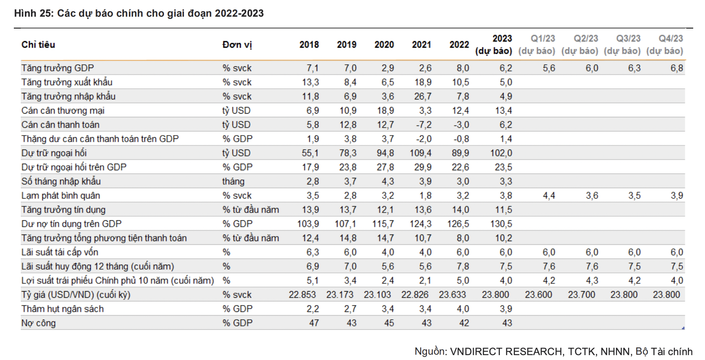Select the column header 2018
[x=309, y=45]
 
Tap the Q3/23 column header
[x=628, y=39]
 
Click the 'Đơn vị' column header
[x=237, y=45]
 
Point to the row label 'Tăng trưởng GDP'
[x=57, y=68]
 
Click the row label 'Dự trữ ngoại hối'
[x=54, y=153]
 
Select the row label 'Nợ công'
[x=38, y=323]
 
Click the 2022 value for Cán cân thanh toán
[x=461, y=125]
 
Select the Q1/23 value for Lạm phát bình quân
[x=549, y=196]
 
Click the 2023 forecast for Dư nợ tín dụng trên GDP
[x=501, y=224]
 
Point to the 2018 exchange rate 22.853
[x=302, y=295]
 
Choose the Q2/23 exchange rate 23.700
[x=581, y=295]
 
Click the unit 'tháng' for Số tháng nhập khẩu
[x=233, y=182]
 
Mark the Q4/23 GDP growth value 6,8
[x=677, y=68]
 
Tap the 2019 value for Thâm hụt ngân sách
[x=350, y=309]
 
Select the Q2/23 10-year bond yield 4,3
[x=592, y=281]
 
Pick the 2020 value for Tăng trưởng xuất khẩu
[x=388, y=82]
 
